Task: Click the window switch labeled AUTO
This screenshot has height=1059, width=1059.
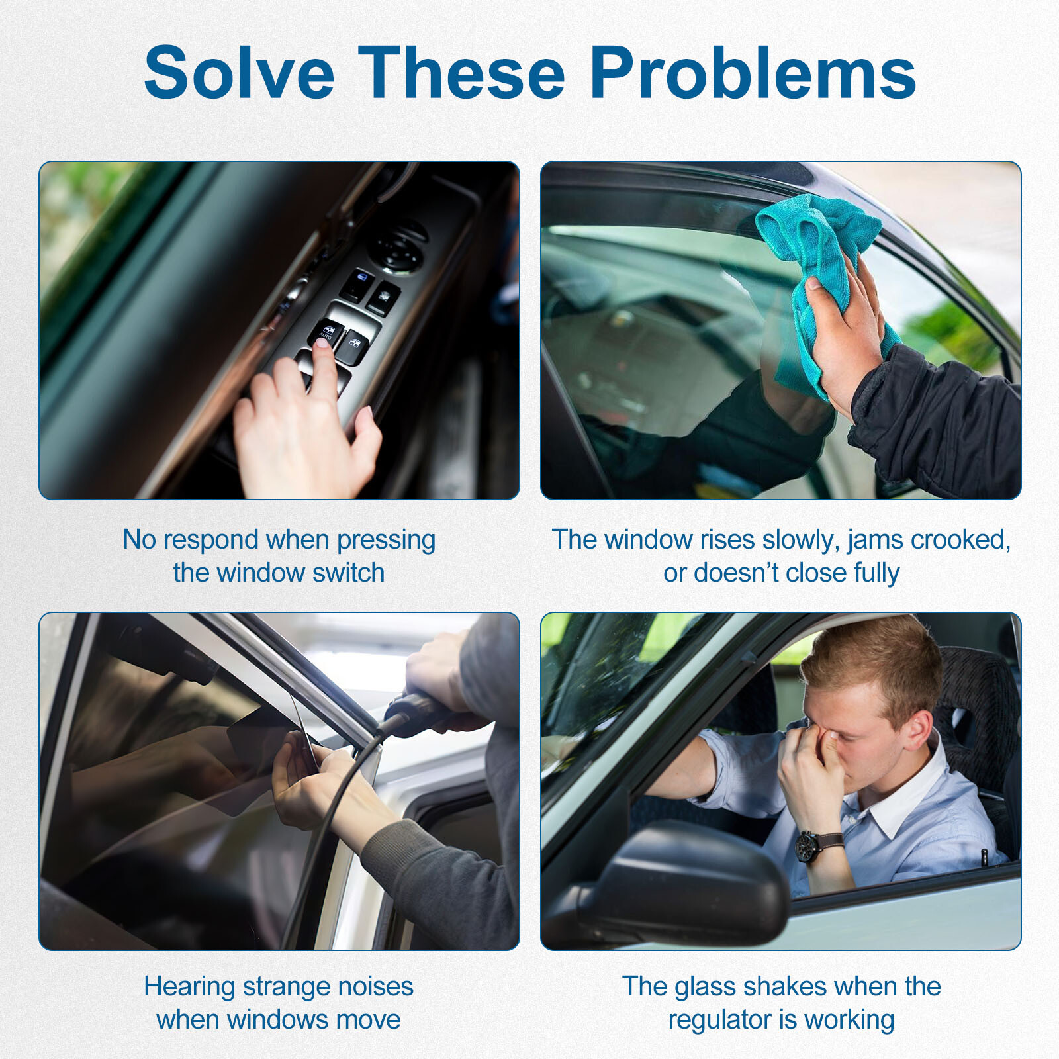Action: coord(326,332)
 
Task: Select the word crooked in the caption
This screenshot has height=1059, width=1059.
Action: coord(960,541)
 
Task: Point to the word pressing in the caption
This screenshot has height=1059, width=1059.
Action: coord(386,541)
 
